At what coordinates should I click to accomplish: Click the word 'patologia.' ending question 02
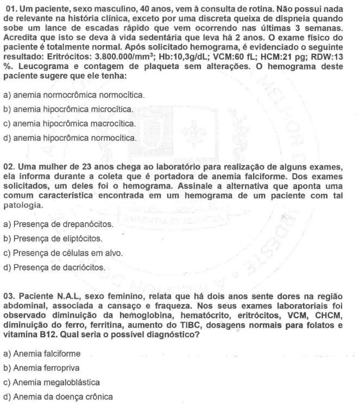(23, 206)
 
